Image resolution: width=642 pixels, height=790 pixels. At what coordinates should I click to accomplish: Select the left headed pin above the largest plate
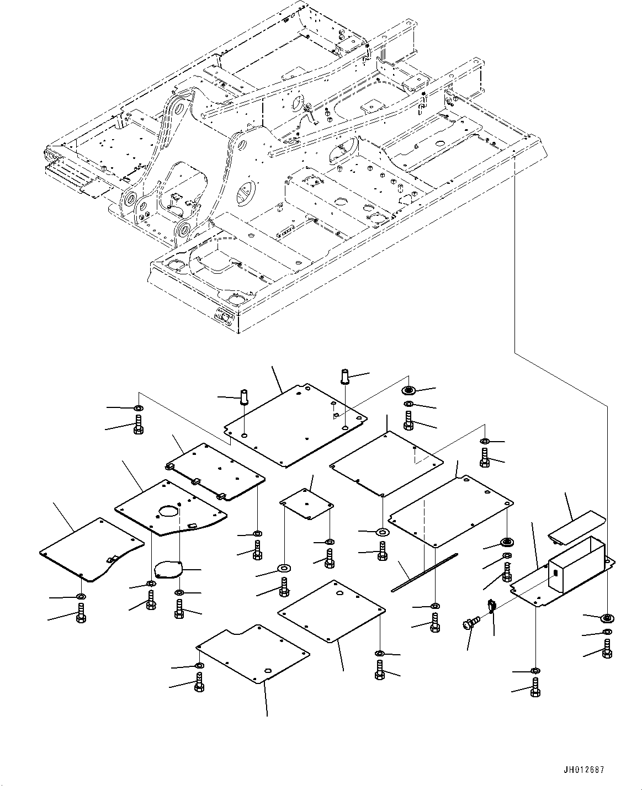(x=243, y=397)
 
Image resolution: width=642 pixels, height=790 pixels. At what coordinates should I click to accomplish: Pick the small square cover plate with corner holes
(x=307, y=503)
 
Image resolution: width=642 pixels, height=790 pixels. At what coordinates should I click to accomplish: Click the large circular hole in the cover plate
(x=169, y=511)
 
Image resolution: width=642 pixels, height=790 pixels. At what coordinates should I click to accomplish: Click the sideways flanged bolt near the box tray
(x=470, y=624)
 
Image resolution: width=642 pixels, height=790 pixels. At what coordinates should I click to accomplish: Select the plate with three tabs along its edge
(x=215, y=471)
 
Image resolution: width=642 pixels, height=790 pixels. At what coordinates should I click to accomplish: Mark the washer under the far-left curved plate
(x=81, y=597)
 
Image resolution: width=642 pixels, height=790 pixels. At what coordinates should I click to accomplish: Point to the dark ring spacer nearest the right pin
(x=408, y=390)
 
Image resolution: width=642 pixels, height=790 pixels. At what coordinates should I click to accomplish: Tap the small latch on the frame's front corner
(x=224, y=317)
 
